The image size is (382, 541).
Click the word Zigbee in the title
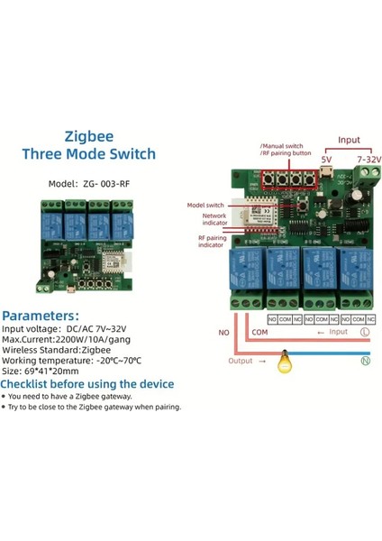[x=89, y=138]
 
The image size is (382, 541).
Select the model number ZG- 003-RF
[x=99, y=187]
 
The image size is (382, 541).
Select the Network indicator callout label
[x=213, y=219]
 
